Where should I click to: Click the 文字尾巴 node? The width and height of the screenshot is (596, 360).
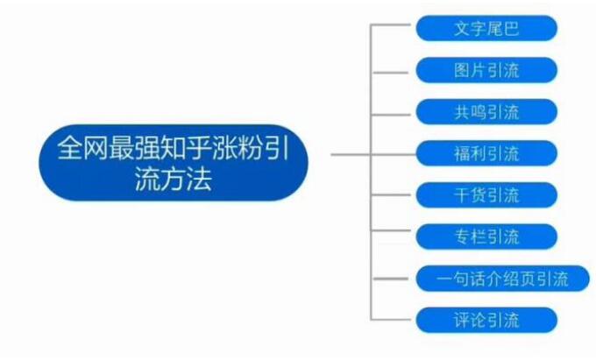[x=486, y=28]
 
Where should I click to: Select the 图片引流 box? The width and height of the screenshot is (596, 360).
[x=486, y=70]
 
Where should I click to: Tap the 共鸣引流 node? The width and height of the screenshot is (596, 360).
[x=486, y=111]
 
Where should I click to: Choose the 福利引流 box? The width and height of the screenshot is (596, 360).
[x=486, y=153]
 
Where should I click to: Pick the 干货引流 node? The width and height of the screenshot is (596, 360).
[x=486, y=194]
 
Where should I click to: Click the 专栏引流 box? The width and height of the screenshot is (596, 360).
[x=486, y=236]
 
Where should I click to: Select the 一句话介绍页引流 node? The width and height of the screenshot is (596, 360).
[x=501, y=279]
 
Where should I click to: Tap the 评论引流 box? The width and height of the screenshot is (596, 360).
[x=486, y=320]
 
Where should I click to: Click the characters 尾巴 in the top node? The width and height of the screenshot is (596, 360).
[x=503, y=28]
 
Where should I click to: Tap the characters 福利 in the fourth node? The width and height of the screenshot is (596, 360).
[x=469, y=153]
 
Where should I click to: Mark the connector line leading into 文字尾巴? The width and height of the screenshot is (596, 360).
[x=394, y=28]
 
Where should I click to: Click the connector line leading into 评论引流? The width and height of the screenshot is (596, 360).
[x=394, y=320]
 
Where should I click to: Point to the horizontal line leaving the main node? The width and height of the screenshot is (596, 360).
[x=351, y=154]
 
